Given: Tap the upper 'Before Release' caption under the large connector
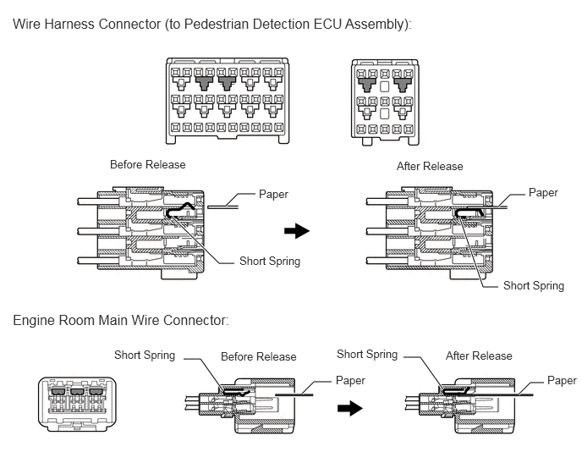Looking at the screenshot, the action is coord(148,164).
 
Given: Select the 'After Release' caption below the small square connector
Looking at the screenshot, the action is coord(430,166).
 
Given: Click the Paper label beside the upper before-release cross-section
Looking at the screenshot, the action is coord(273,195).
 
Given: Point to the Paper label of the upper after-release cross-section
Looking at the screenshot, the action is coord(543,193).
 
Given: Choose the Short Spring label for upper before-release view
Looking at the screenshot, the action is coord(270,262).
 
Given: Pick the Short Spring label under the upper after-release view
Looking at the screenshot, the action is coord(534,285).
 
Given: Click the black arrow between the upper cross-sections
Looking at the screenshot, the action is coord(297,231).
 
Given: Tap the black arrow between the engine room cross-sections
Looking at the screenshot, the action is coord(350,408).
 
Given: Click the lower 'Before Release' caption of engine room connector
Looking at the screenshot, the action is coord(259,356).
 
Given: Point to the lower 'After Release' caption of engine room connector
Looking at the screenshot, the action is coord(479,355).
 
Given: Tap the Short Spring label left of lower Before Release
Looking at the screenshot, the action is coord(145,355).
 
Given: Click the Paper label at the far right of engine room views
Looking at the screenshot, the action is coord(562,381).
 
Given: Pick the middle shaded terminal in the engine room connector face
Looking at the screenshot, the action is coord(76,392).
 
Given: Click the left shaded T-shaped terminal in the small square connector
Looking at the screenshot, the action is coord(367,85).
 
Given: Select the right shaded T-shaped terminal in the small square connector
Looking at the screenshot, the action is coord(403,85).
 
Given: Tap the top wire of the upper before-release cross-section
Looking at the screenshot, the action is coord(98,201).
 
